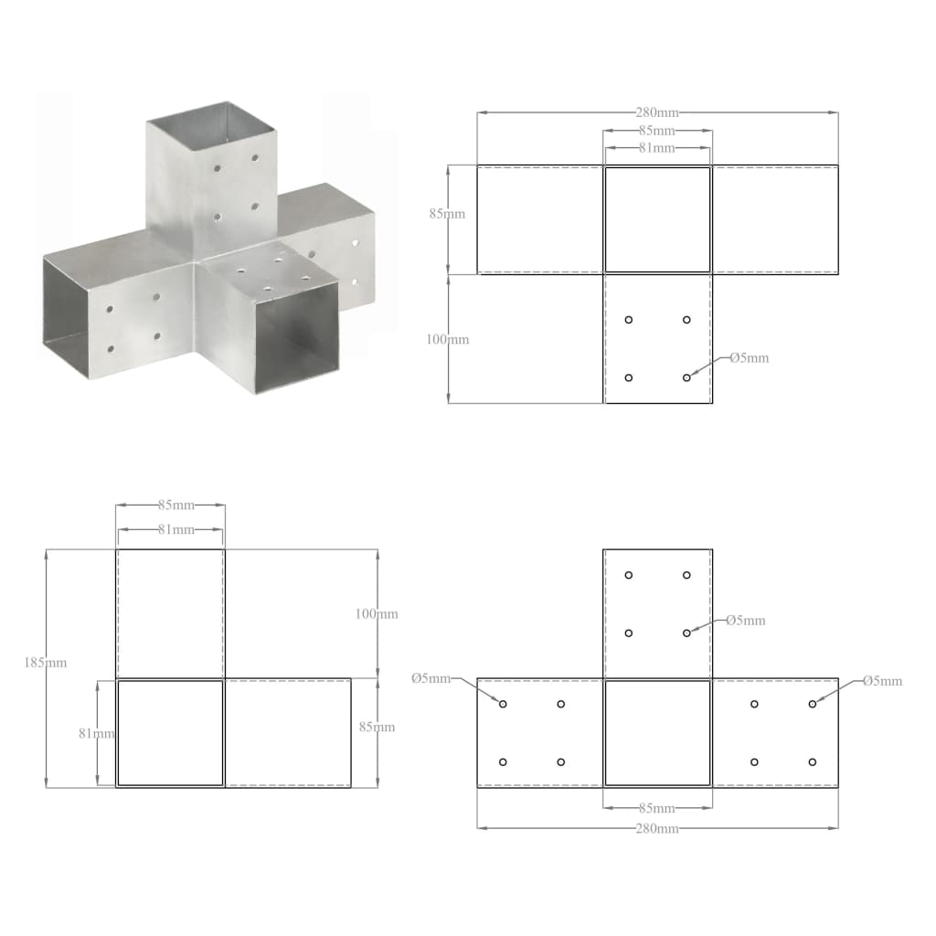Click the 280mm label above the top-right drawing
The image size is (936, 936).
(657, 112)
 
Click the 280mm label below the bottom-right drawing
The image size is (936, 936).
(657, 828)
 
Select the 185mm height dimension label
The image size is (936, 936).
(46, 662)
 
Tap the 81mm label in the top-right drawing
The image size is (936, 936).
(657, 147)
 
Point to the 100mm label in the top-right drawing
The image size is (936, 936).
(448, 339)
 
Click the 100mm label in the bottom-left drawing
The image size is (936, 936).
(377, 613)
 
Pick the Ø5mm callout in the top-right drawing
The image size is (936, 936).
(749, 357)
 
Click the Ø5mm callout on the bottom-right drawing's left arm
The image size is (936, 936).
(431, 678)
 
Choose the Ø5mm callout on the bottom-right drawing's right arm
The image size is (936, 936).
(882, 680)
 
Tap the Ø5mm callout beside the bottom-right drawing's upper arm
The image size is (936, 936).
(745, 620)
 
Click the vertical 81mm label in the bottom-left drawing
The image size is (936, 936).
(96, 732)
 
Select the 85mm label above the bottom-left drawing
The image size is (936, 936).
(169, 504)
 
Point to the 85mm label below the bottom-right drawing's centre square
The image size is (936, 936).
(657, 808)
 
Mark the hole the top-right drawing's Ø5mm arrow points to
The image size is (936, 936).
(686, 378)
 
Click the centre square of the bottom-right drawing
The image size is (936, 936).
(657, 732)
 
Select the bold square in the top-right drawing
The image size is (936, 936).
(657, 219)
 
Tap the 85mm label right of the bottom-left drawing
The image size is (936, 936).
(377, 727)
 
